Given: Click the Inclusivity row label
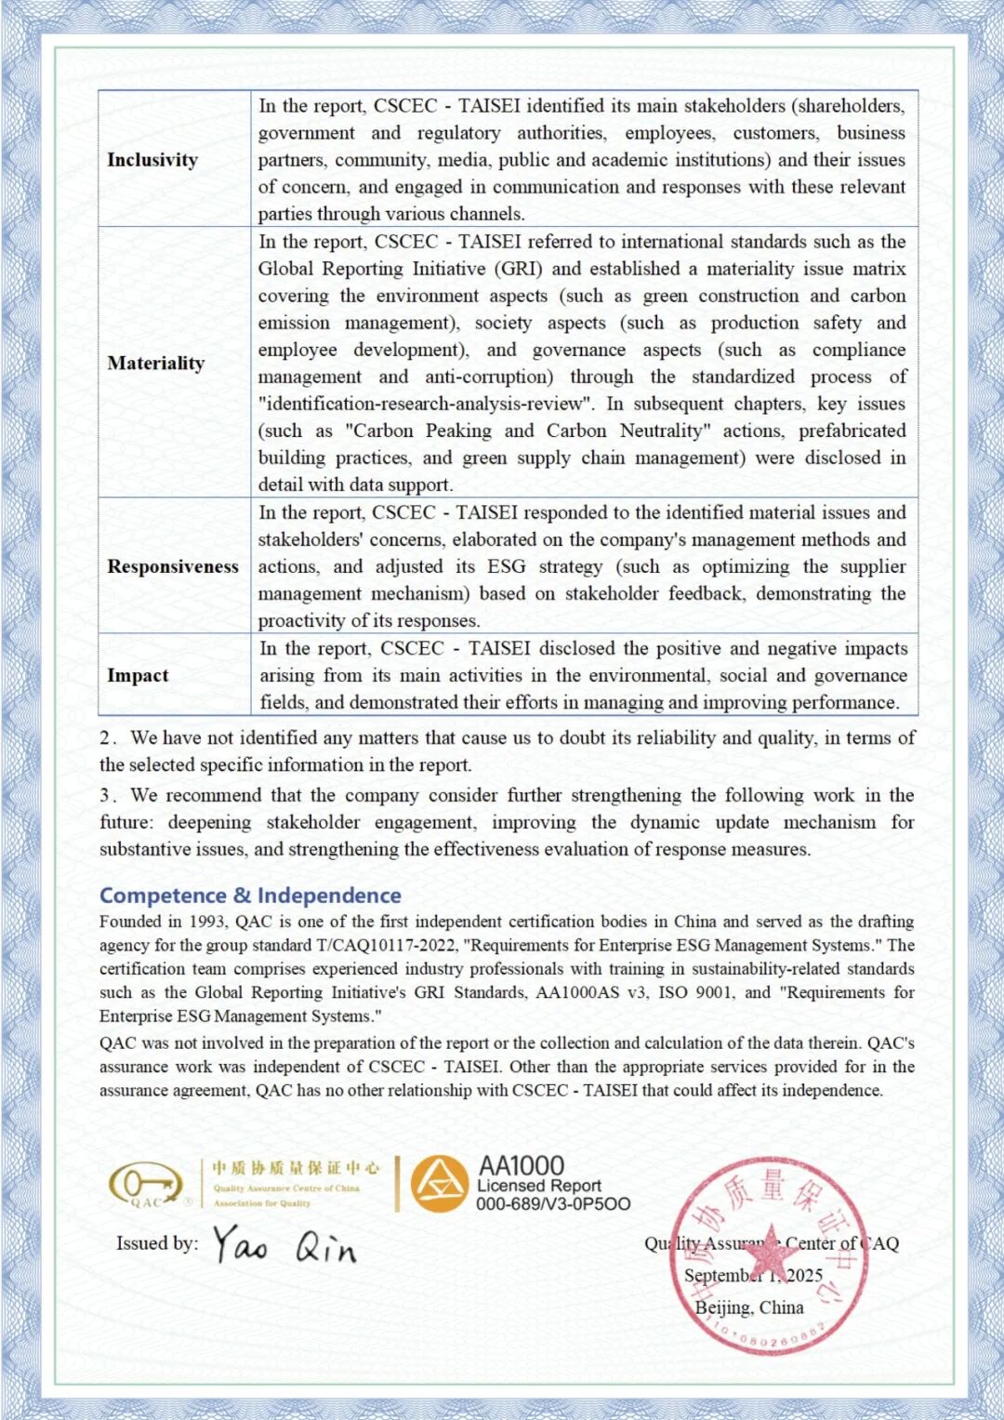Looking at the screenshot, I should (152, 160).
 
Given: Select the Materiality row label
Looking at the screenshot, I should (155, 363).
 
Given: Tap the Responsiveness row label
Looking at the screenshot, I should (173, 566).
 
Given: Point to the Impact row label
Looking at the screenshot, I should (138, 675).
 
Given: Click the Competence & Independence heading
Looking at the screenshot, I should (250, 896).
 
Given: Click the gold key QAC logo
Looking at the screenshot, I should (146, 1185).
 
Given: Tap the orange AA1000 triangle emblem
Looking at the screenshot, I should (439, 1184).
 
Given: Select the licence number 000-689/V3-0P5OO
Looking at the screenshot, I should (553, 1204).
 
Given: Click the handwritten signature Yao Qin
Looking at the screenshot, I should (284, 1245).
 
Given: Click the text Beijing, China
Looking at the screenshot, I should (749, 1307).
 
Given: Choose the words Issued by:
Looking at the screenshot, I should (157, 1243).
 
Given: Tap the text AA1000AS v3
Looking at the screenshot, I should (590, 992).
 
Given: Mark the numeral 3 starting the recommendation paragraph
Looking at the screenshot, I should (106, 796).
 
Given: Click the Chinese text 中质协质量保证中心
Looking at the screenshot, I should (296, 1168).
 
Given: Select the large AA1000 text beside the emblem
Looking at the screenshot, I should (521, 1166).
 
